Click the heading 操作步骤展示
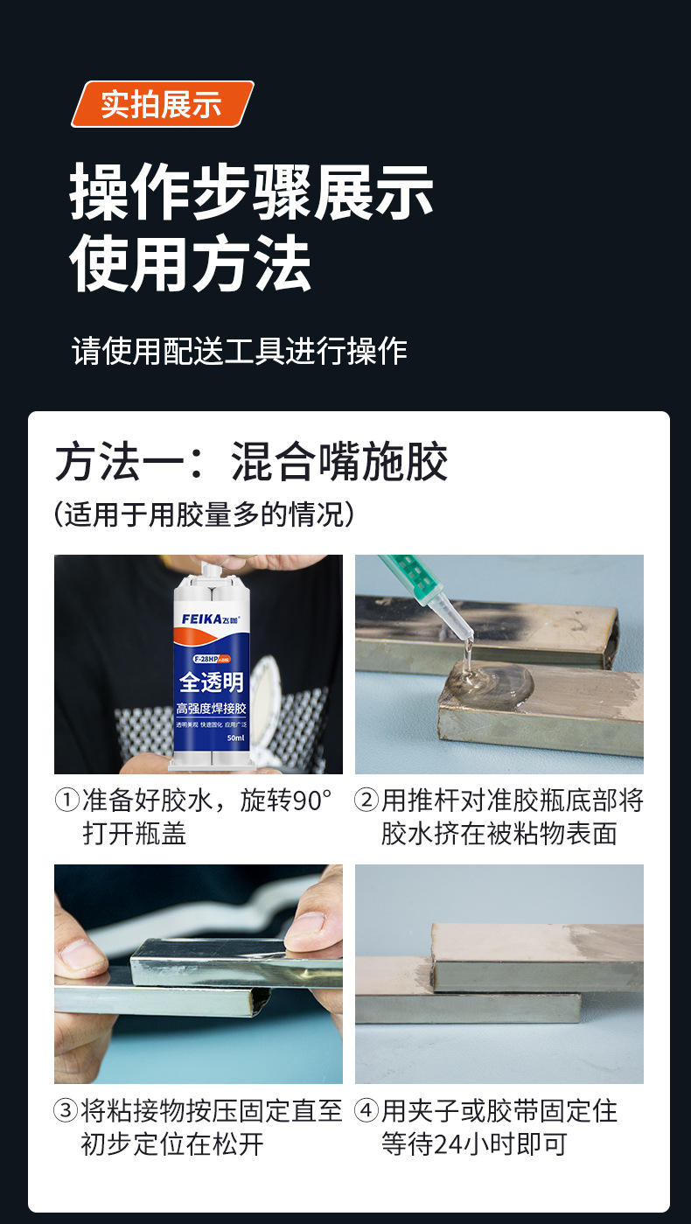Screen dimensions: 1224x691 (x=252, y=192)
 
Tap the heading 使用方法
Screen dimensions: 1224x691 (x=191, y=265)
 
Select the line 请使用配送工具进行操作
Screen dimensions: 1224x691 (x=240, y=351)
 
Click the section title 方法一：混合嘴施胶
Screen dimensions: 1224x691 (x=252, y=463)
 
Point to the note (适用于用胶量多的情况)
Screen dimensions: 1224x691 (x=205, y=514)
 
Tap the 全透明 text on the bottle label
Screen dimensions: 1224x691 (x=212, y=682)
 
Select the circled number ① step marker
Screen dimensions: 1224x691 (x=67, y=801)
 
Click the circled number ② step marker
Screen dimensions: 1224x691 (x=367, y=801)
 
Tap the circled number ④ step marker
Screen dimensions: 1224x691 (x=367, y=1112)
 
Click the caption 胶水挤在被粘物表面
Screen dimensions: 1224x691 (x=499, y=833)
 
